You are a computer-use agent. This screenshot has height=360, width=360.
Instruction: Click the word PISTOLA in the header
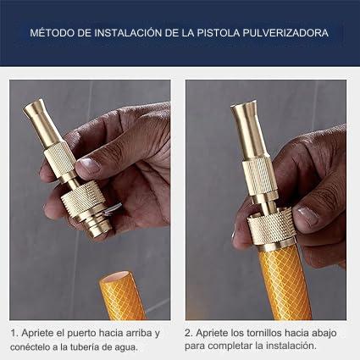pos(224,35)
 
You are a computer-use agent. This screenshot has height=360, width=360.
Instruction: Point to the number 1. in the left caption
pos(14,333)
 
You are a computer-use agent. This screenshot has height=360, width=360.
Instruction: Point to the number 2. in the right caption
pos(189,333)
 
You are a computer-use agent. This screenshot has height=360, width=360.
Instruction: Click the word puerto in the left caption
pos(83,333)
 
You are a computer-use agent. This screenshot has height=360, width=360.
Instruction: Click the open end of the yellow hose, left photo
pos(123,279)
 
